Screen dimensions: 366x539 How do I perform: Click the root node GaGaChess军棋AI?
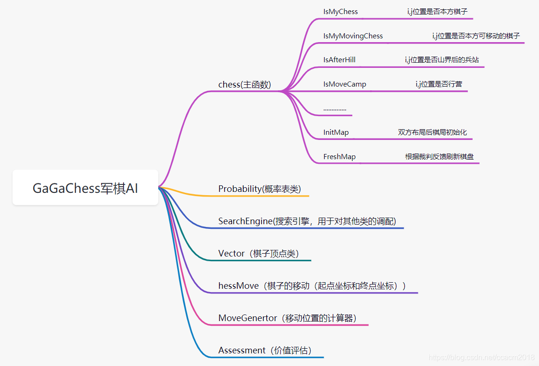(85, 188)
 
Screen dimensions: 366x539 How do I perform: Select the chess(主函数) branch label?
(244, 85)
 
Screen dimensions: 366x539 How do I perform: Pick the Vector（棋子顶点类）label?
(258, 253)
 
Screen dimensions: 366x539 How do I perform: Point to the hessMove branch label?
(312, 285)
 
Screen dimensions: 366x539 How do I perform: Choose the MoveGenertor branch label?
(287, 318)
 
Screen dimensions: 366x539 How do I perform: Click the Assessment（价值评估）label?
(265, 350)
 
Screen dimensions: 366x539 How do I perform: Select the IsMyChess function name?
(340, 12)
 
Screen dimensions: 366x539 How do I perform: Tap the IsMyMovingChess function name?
(353, 36)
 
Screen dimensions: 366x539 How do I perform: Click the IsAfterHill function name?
(339, 60)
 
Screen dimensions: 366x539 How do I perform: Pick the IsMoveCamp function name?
(344, 84)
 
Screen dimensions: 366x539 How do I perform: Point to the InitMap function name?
(336, 132)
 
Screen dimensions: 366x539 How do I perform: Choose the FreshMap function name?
(339, 157)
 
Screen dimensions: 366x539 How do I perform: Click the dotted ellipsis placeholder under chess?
(335, 109)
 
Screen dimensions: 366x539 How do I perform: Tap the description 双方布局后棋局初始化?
(432, 132)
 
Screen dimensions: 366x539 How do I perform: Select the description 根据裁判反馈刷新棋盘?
(439, 157)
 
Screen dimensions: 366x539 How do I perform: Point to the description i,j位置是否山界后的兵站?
(442, 60)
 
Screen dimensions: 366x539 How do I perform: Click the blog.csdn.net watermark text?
(481, 358)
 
